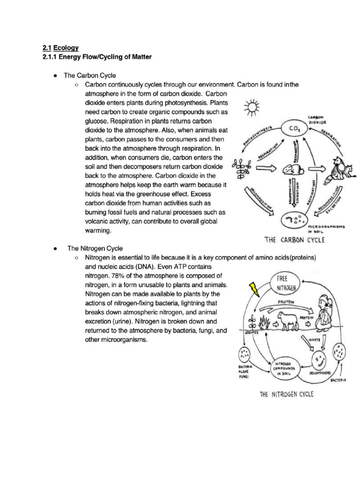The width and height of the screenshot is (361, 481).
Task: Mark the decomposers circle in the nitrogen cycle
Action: click(321, 362)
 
